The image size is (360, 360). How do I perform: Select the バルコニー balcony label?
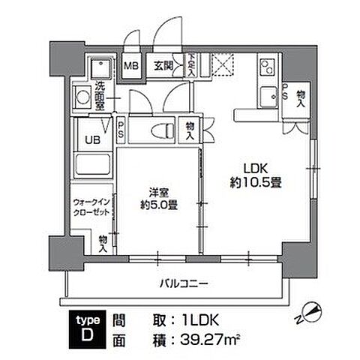183,283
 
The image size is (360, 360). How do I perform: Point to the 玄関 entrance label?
163,66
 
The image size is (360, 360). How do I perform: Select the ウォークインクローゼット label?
91,208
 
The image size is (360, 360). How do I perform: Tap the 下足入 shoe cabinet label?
192,67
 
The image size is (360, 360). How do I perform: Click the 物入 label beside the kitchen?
300,97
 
